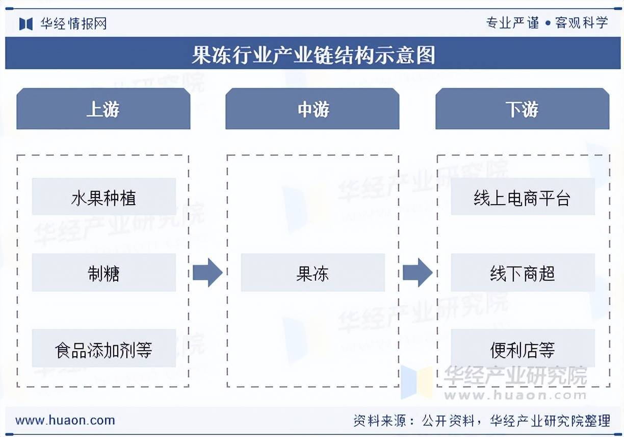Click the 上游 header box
point(103,108)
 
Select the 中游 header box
point(313,108)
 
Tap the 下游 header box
point(523,108)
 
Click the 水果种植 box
point(104,197)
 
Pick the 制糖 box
point(104,273)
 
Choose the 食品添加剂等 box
point(104,348)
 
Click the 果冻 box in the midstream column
point(313,273)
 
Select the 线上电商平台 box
point(523,197)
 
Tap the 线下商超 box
point(523,273)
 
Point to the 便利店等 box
point(523,348)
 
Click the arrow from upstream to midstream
point(208,273)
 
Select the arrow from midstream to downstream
point(418,273)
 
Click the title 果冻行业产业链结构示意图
point(314,55)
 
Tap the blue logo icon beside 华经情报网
point(26,24)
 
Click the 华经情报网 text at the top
point(73,23)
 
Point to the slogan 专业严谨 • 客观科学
point(547,23)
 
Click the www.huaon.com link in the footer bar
point(65,420)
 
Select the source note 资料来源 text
point(482,421)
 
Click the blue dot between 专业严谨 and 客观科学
point(548,23)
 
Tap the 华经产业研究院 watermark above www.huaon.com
point(515,375)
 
